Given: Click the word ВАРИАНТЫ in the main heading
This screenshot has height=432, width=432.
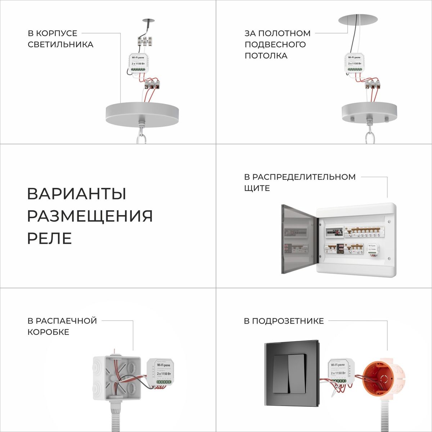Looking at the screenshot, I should (x=77, y=194).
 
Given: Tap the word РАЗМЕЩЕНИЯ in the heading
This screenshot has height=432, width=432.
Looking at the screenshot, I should (x=90, y=216).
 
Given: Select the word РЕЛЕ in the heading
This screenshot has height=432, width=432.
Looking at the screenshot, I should (x=49, y=238).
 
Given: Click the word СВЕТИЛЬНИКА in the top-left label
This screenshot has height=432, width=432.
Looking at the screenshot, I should (x=60, y=45).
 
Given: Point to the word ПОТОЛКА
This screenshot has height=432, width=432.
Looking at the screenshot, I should (x=266, y=56).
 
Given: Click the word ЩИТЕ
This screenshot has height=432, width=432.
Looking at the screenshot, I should (x=257, y=188).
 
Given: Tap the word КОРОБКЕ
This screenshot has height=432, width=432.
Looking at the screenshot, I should (x=48, y=332).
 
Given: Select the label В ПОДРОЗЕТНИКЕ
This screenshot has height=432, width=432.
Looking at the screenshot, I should (x=284, y=321).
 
